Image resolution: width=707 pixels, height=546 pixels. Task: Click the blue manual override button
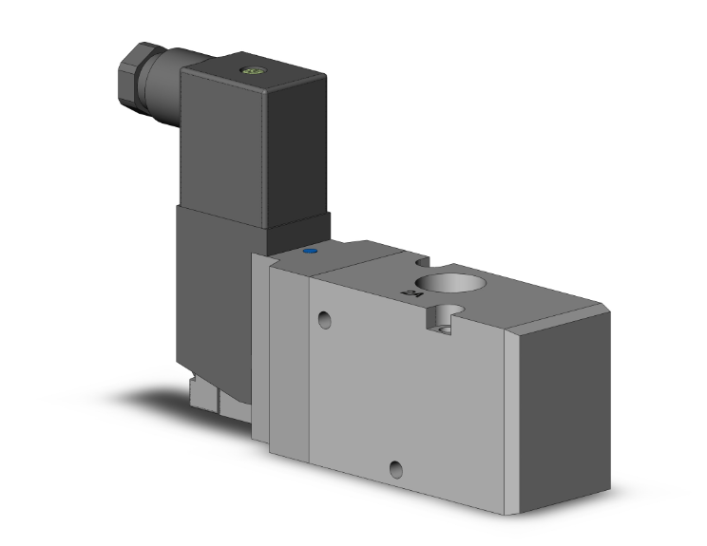pyautogui.click(x=309, y=253)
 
